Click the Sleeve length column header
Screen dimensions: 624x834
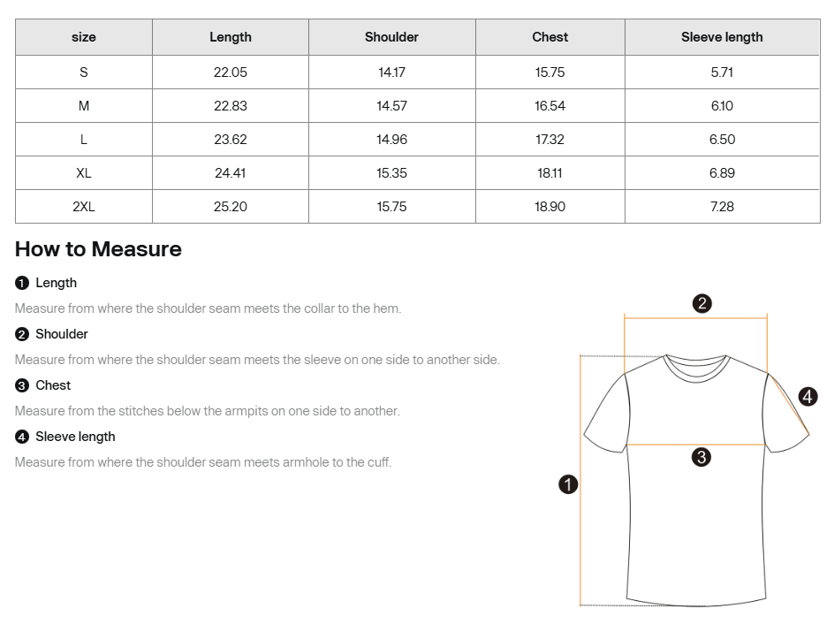tap(722, 37)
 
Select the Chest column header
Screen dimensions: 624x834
tap(550, 37)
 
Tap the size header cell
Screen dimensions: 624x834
tap(84, 37)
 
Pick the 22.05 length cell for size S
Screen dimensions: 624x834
tap(231, 72)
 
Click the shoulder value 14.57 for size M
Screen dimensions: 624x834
tap(391, 106)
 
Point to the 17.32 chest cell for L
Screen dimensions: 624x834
tap(550, 140)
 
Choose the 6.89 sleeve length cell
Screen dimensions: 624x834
tap(722, 173)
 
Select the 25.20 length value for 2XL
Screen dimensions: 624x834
tap(231, 207)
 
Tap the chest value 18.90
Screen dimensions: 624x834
tap(550, 207)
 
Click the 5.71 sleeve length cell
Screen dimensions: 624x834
tap(722, 72)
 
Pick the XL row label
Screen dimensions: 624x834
tap(84, 173)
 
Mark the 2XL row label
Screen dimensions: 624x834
tap(84, 207)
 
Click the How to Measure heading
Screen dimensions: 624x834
tap(98, 249)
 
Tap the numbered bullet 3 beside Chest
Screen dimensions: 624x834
tap(22, 385)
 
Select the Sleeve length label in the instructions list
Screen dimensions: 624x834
tap(75, 437)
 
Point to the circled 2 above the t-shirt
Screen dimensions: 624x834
tap(701, 304)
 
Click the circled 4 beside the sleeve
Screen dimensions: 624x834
tap(807, 397)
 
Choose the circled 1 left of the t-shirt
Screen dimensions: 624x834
tap(568, 484)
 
